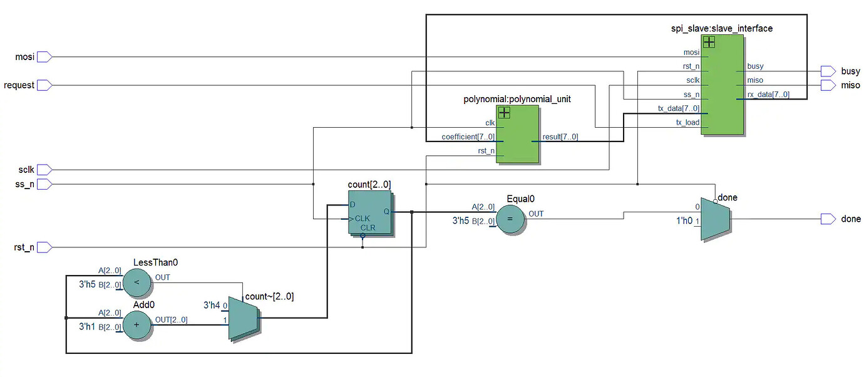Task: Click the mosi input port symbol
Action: [x=44, y=57]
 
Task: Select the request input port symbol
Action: [x=44, y=85]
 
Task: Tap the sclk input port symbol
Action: [x=44, y=170]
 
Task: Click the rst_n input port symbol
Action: [x=44, y=247]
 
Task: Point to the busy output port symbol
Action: [x=828, y=71]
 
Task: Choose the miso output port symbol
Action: [x=828, y=85]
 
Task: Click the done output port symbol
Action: [x=828, y=219]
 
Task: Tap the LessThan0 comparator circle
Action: [x=138, y=283]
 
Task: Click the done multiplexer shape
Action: [x=714, y=219]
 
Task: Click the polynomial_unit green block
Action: [x=518, y=135]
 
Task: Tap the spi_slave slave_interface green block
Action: [x=723, y=85]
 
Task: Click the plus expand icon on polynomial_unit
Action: [x=504, y=113]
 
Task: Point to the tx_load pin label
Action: [x=687, y=122]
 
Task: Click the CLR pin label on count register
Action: [x=368, y=228]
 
